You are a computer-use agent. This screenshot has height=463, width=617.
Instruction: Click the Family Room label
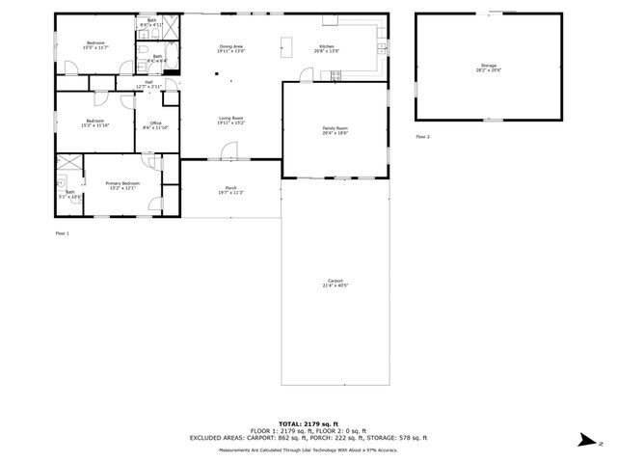pos(335,128)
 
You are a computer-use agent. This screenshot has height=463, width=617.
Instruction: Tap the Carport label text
pos(335,281)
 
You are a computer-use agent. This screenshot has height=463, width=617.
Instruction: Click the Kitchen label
pos(327,46)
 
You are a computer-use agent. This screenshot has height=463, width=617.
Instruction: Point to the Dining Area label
pos(230,46)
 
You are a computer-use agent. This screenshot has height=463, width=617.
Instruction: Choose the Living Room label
pos(229,119)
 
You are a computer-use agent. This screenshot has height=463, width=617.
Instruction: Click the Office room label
pos(155,123)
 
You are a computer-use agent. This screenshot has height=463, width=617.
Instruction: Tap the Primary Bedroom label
pos(122,182)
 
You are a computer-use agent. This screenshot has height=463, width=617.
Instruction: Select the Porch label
pos(230,187)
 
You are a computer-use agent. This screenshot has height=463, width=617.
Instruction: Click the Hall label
pos(148,82)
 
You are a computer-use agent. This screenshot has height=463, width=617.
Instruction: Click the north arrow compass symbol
pos(585,441)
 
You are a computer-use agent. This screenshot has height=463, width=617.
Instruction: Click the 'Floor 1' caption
pos(62,232)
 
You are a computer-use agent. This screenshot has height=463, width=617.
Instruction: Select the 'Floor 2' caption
pos(422,137)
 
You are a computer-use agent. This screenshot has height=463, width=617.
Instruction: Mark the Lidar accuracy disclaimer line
pos(308,449)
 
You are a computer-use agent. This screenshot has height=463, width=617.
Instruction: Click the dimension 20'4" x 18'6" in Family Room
pos(335,133)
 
